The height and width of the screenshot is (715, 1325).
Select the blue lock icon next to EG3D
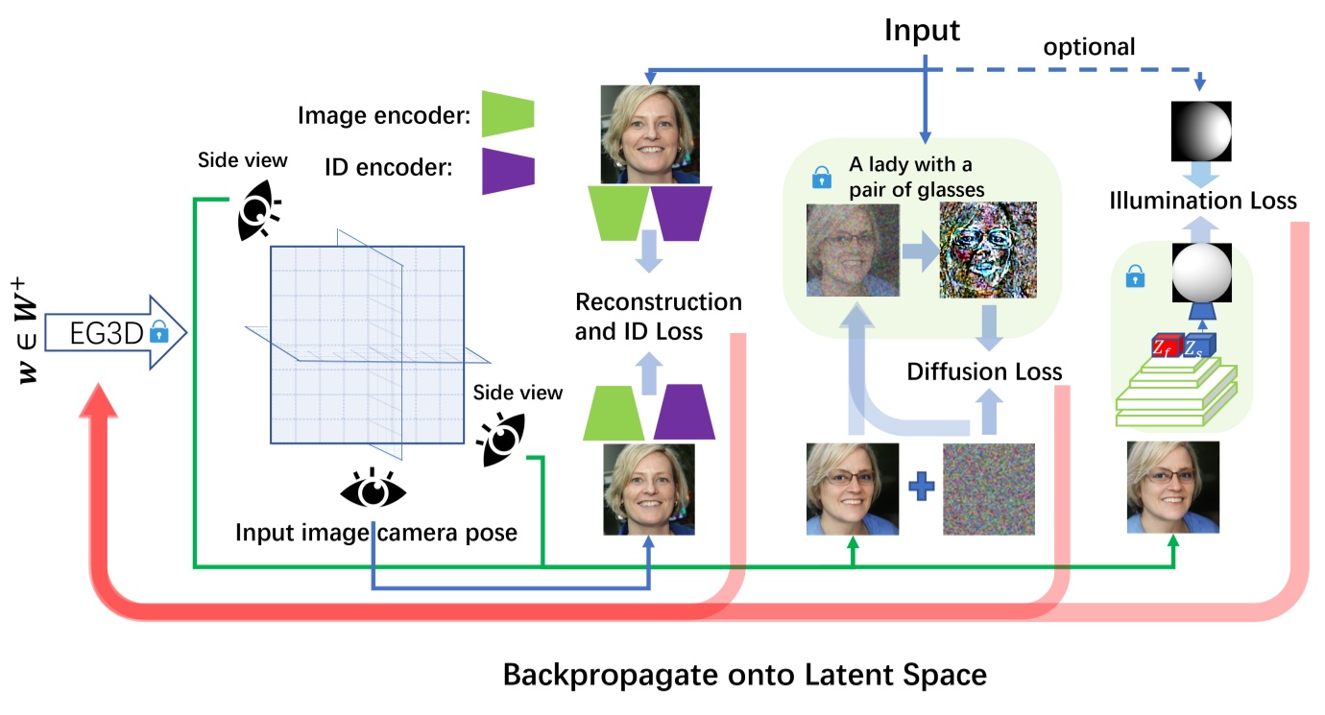tap(158, 334)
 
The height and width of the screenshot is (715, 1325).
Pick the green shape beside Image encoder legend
tap(507, 114)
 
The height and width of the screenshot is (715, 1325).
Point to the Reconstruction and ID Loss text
tap(658, 317)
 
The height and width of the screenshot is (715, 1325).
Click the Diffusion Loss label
tap(984, 371)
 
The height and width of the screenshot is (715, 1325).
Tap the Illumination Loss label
tap(1203, 201)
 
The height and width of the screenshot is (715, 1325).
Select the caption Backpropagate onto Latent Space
tap(744, 674)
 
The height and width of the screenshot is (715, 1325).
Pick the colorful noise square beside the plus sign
tap(989, 489)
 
